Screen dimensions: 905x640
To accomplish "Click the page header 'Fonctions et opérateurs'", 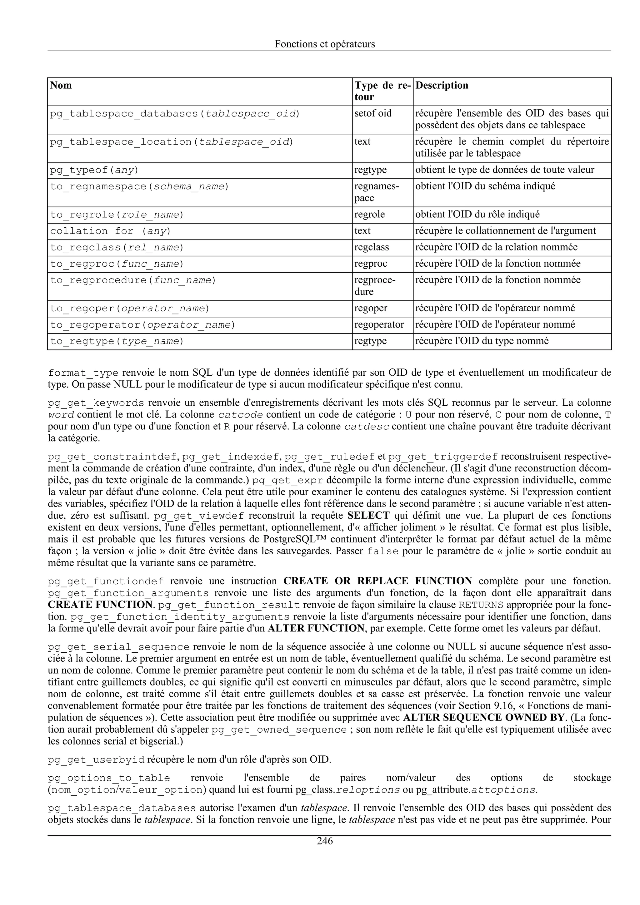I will click(x=325, y=44).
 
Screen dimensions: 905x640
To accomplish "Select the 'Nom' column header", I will click(x=61, y=86).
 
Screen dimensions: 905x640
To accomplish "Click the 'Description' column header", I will click(x=442, y=86).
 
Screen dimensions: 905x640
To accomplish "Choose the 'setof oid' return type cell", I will click(x=373, y=114).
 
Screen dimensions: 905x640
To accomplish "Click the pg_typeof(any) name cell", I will click(x=94, y=170).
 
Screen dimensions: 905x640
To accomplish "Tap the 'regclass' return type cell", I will click(x=372, y=247).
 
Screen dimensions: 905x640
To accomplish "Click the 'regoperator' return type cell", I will click(x=379, y=324).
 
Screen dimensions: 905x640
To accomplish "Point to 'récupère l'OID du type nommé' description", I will click(x=482, y=341).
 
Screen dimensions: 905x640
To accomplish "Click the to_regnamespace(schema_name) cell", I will click(x=139, y=186).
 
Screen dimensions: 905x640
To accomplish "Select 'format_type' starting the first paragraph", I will click(x=83, y=373).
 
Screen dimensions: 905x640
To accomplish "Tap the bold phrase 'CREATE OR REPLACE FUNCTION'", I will click(x=377, y=581).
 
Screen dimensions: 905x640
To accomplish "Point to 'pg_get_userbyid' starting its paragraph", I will click(x=96, y=759).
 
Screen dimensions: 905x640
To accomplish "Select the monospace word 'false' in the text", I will click(x=382, y=551).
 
